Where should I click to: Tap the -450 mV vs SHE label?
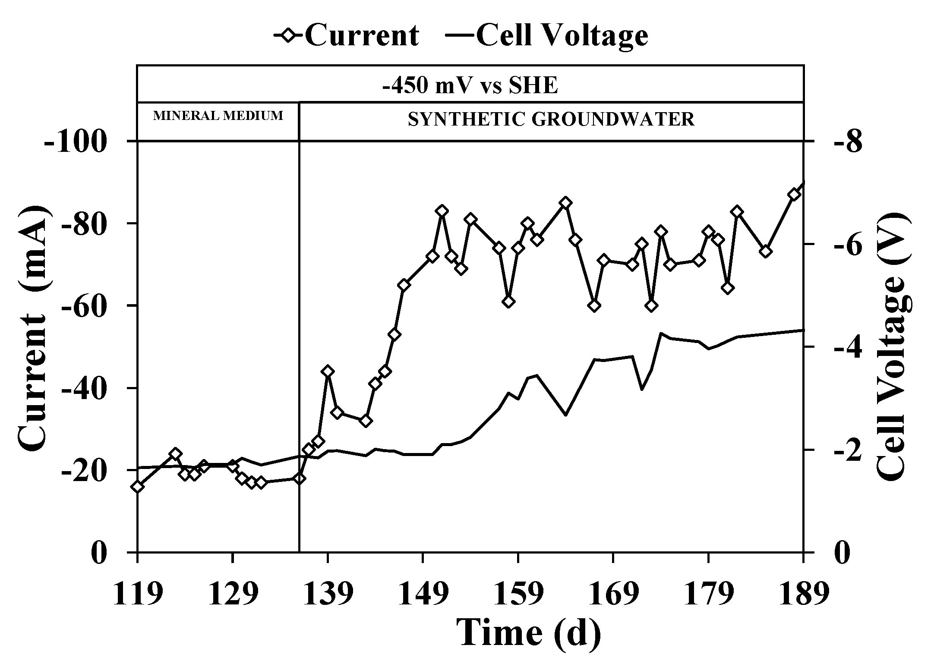(470, 85)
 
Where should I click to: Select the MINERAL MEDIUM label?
(218, 116)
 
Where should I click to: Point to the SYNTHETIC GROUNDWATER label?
(551, 120)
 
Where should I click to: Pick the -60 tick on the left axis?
(83, 306)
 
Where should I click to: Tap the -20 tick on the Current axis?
(83, 471)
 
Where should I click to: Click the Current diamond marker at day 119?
(138, 487)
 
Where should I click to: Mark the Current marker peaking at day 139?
(328, 371)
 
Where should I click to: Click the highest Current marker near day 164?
(565, 203)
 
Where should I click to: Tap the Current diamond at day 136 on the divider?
(299, 478)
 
